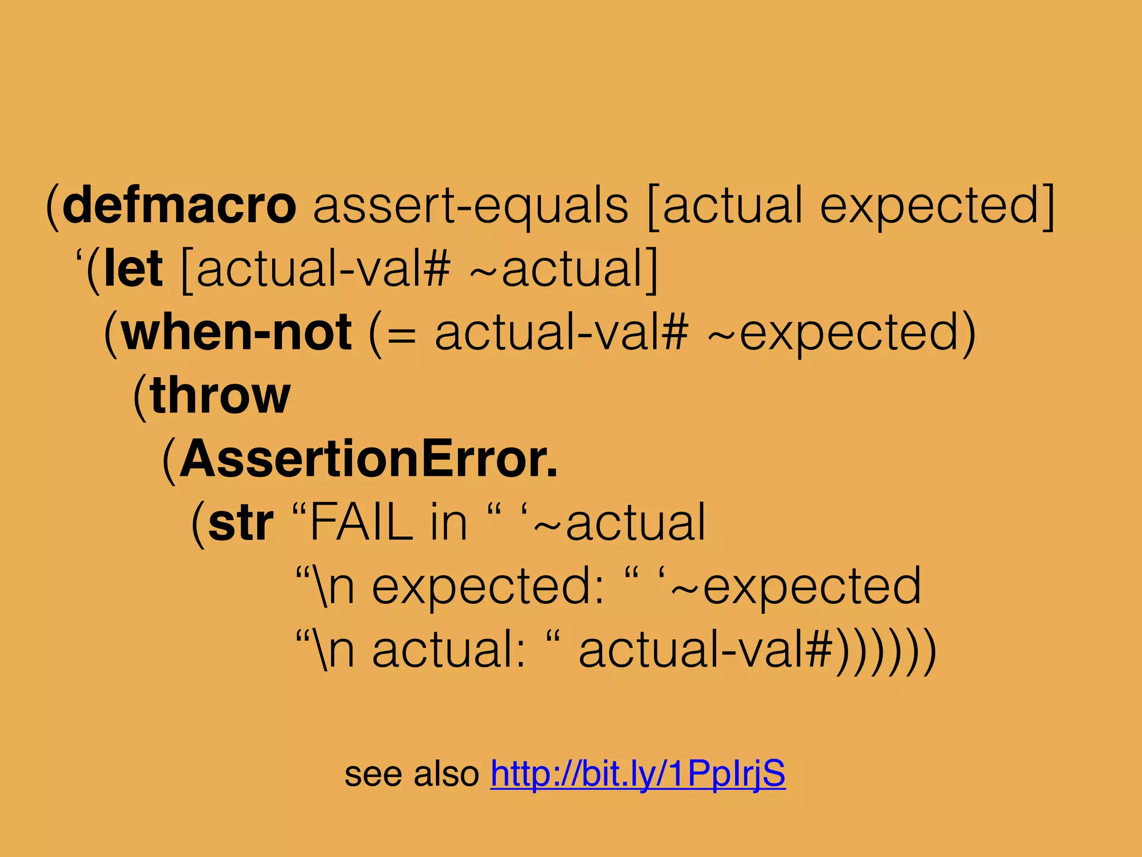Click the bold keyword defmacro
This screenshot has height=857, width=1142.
(x=180, y=205)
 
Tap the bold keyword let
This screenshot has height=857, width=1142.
(x=134, y=269)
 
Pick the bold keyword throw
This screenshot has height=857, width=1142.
(x=221, y=396)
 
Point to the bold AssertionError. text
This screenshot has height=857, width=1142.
(x=369, y=459)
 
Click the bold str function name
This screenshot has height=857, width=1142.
(x=241, y=523)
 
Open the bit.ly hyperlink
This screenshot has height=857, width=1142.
(x=638, y=774)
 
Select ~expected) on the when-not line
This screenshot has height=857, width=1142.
(x=842, y=333)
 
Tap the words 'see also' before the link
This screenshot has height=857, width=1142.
(x=412, y=774)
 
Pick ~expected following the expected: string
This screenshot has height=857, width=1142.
(x=796, y=586)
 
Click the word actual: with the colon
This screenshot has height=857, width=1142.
(x=449, y=650)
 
